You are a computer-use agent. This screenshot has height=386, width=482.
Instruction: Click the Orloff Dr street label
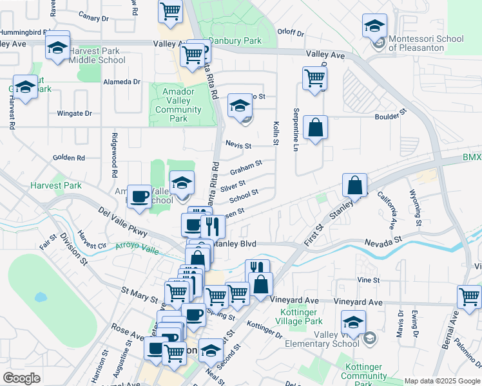click(290, 32)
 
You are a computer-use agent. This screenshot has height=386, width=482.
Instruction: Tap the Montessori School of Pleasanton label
click(426, 43)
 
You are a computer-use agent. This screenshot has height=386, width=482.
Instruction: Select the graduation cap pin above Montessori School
click(374, 26)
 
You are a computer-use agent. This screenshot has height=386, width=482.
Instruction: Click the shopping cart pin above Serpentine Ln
click(314, 78)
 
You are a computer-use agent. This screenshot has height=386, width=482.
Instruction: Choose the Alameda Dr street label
click(122, 82)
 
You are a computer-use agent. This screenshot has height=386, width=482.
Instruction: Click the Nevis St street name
click(238, 145)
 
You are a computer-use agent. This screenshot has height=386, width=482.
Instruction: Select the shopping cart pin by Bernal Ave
click(469, 297)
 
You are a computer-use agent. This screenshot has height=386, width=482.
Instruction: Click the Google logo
click(22, 378)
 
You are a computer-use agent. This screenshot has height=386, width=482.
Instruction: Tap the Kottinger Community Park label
click(363, 371)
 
